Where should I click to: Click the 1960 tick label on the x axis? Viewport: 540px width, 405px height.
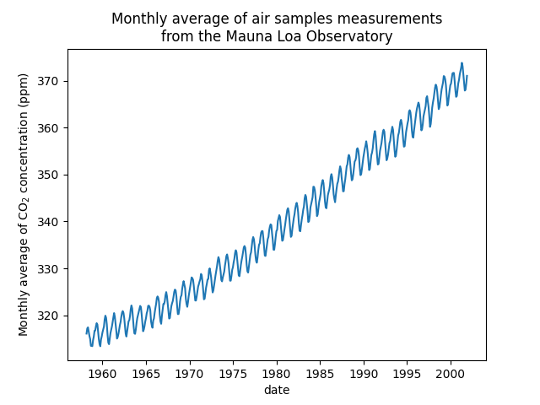(x=102, y=373)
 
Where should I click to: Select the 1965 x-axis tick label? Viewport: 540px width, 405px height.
(x=145, y=373)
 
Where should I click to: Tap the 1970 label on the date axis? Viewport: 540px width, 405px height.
(x=189, y=373)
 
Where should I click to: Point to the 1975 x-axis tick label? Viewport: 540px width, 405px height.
(x=233, y=373)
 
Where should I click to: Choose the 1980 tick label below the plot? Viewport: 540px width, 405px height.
(x=277, y=373)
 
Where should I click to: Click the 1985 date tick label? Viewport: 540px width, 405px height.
(x=320, y=373)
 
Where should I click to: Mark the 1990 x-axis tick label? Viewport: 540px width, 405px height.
(x=364, y=373)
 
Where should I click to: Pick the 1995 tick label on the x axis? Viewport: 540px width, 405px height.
(x=408, y=373)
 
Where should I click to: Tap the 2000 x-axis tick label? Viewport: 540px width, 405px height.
(x=451, y=373)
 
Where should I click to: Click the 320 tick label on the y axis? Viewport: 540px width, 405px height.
(x=51, y=316)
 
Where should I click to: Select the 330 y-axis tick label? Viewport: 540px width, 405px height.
(x=51, y=268)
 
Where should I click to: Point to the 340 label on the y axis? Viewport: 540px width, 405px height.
(x=51, y=222)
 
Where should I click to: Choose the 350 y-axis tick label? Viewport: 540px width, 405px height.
(x=51, y=175)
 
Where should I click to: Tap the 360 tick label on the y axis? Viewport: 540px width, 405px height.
(x=51, y=128)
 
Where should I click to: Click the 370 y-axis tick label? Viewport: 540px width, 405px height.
(x=51, y=81)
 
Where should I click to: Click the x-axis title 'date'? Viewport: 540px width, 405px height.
(x=277, y=389)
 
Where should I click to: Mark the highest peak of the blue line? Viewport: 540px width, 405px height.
(x=462, y=62)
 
